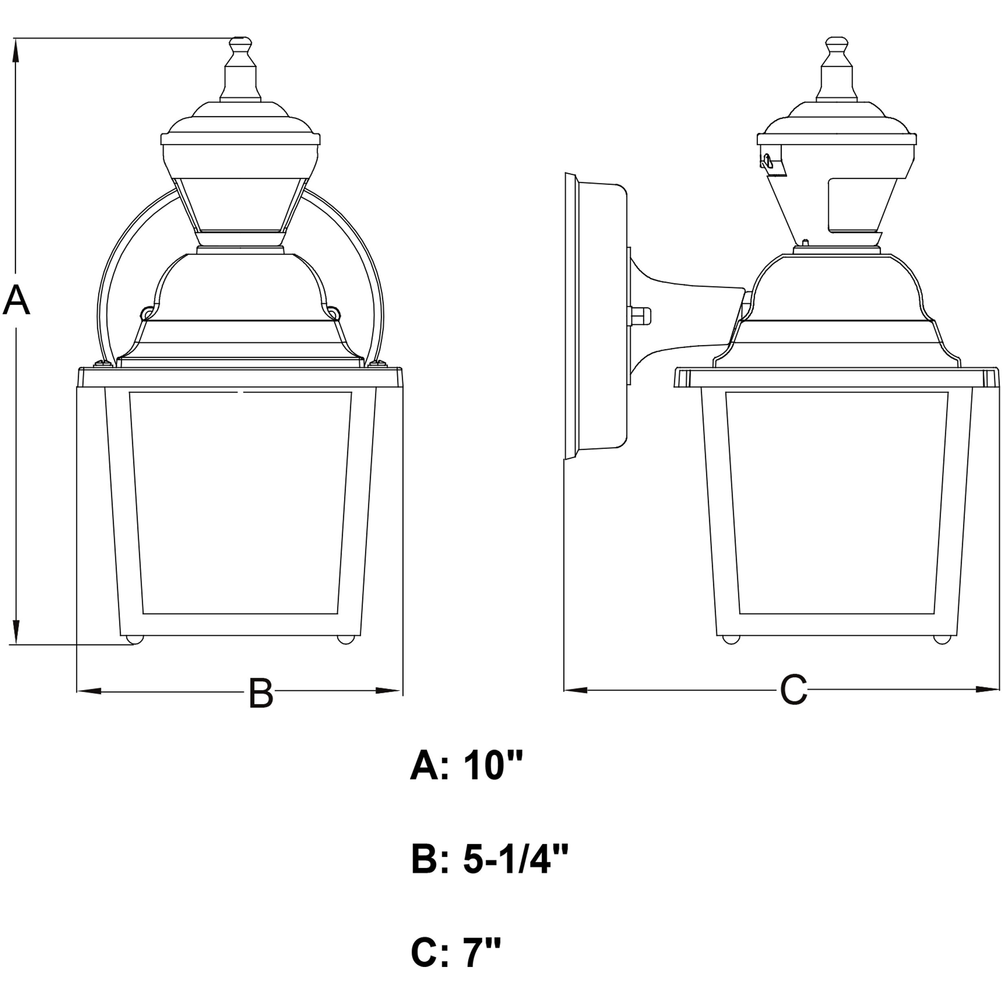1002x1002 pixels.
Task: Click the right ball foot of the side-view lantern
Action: pos(940,640)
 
